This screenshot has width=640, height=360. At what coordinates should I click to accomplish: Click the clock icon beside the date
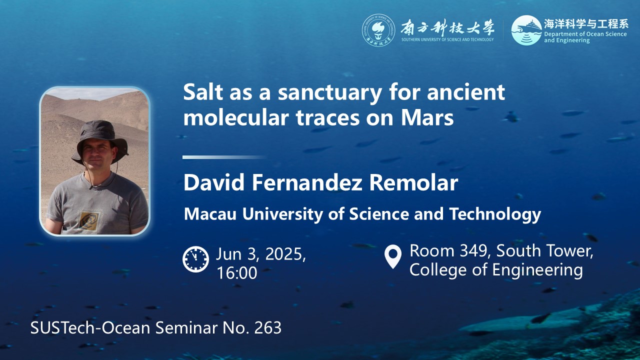pos(195,259)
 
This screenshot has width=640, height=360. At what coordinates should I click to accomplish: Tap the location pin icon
pos(393,256)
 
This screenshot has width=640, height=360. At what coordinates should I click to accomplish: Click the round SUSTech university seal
pos(378,30)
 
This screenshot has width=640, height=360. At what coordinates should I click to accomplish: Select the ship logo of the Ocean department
pos(526,30)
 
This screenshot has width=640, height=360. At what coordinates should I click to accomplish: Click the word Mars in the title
pos(427,117)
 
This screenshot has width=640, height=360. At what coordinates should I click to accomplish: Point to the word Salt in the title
pos(203,92)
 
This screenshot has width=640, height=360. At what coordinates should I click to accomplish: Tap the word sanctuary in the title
pos(330,93)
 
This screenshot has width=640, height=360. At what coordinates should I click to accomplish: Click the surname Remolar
pos(413,183)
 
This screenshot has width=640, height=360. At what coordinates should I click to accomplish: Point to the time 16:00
pos(237,273)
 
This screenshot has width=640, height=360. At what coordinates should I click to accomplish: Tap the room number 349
pos(475,251)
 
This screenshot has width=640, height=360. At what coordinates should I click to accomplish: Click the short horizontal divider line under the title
pos(224,157)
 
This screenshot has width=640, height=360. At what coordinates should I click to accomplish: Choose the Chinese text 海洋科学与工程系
pos(586,24)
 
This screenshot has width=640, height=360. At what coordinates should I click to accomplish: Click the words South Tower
pos(544,251)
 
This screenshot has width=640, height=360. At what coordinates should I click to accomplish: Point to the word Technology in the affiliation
pos(495,214)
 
